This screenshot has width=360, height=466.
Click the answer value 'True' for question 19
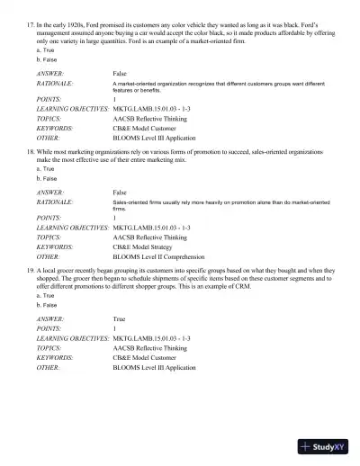pyautogui.click(x=119, y=318)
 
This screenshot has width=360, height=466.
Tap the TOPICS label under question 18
pyautogui.click(x=49, y=235)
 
